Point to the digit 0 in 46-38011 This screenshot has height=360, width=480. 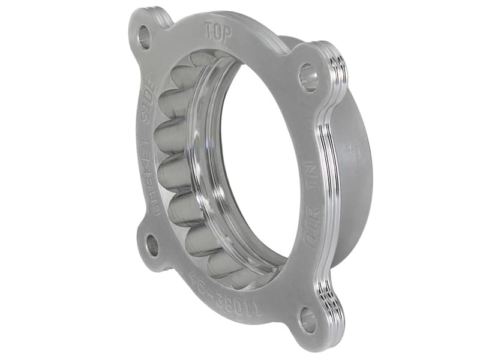[x=235, y=297]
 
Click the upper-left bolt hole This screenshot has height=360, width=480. [x=144, y=37]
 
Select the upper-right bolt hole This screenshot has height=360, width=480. [x=308, y=78]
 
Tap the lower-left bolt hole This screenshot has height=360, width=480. [x=152, y=245]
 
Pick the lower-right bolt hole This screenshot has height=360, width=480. [x=308, y=319]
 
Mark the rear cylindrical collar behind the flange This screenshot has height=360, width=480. [x=354, y=180]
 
